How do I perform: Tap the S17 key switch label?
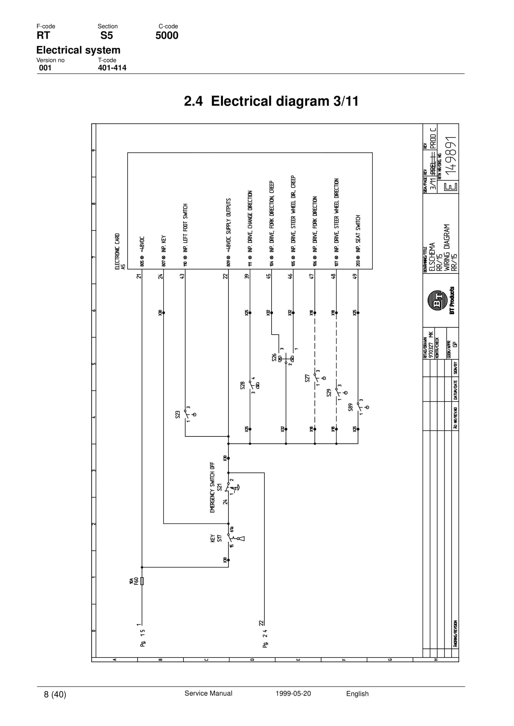click(x=219, y=538)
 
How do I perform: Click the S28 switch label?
click(x=243, y=385)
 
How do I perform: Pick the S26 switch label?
click(x=274, y=357)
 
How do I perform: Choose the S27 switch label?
click(x=307, y=378)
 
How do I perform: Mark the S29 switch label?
click(x=329, y=393)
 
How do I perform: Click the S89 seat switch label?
click(x=350, y=407)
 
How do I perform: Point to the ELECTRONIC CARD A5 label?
click(x=120, y=251)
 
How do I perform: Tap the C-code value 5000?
click(x=167, y=35)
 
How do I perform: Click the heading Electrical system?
click(x=78, y=50)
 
